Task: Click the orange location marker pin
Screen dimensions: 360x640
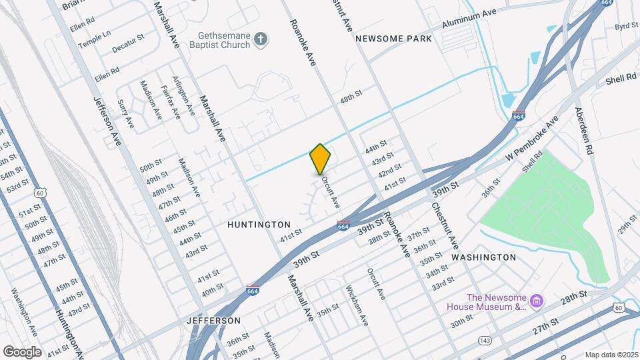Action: click(x=320, y=159)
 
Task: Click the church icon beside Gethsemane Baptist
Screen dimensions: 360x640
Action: click(x=262, y=40)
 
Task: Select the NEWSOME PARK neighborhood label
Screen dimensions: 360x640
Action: click(x=393, y=39)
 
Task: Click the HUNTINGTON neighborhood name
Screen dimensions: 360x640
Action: click(x=259, y=225)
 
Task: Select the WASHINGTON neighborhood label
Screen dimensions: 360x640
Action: click(x=483, y=257)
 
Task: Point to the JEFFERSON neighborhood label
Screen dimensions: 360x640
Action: click(x=214, y=321)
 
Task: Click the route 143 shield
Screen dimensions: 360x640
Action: click(x=485, y=341)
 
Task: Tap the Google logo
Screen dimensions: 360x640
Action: click(x=22, y=351)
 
